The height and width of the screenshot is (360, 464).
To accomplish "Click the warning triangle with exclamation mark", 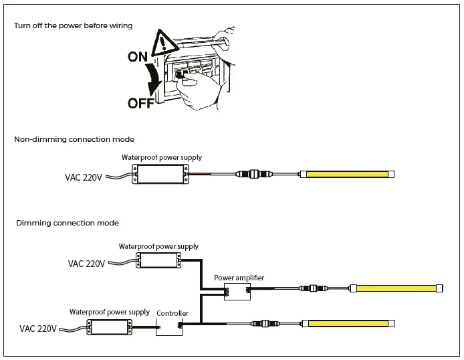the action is click(x=165, y=44).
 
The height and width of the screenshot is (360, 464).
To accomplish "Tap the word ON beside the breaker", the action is click(x=138, y=57).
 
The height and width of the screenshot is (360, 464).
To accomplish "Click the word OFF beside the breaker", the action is click(x=141, y=103).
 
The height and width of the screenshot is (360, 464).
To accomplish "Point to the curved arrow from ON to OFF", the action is click(x=154, y=78).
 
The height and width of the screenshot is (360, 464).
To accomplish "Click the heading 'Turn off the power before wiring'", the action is click(x=73, y=25).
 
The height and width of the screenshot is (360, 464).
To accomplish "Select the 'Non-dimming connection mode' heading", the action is click(x=74, y=139).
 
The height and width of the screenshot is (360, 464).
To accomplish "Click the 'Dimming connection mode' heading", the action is click(x=67, y=223).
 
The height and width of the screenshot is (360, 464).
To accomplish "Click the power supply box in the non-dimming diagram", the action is click(x=160, y=174).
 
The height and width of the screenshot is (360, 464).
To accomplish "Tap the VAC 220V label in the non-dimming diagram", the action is click(x=84, y=177).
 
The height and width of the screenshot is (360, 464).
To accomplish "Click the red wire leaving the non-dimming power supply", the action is click(x=200, y=174).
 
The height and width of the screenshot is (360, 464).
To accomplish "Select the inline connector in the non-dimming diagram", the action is click(x=254, y=174).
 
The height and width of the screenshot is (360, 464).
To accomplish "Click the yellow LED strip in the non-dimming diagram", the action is click(x=347, y=174).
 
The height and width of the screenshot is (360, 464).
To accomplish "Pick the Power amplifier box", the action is click(x=237, y=292).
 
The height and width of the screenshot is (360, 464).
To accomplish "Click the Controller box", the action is click(x=169, y=327).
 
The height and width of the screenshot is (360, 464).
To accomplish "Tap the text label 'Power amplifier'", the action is click(x=239, y=278).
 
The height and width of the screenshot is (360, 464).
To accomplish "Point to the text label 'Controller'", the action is click(x=172, y=313).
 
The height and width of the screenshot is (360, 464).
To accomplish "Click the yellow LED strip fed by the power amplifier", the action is click(x=396, y=288).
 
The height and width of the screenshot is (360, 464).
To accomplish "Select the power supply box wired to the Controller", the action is click(x=109, y=327).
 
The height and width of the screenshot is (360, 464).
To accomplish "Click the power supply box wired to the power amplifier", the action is click(x=158, y=260).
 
